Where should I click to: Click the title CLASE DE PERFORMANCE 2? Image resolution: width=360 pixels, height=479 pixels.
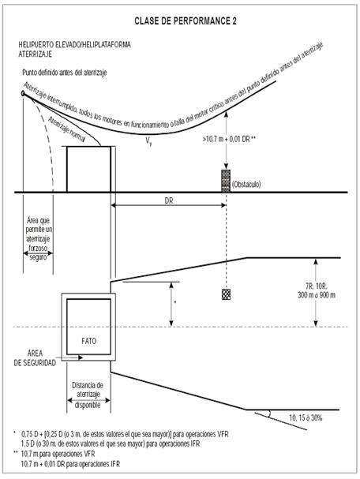186,21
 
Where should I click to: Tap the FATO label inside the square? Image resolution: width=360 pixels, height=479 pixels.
89,341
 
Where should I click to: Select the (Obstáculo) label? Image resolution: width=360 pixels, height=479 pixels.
246,185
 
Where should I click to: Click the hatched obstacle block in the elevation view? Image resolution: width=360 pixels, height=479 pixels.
226,181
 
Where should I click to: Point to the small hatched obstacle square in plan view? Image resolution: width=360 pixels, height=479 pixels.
226,294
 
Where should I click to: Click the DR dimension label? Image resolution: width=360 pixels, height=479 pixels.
169,200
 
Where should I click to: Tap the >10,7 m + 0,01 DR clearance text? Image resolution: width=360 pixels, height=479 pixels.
229,140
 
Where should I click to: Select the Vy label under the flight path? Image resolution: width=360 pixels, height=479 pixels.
148,141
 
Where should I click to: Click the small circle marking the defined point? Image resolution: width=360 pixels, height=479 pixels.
23,93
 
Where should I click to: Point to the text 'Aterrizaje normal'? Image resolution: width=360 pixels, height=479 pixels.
66,129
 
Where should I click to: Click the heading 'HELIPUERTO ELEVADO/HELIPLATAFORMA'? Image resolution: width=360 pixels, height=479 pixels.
74,45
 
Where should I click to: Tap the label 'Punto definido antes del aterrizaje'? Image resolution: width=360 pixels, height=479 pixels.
65,73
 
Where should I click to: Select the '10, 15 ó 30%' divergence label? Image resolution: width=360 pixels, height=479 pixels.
306,417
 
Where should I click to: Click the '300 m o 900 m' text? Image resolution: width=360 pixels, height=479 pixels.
317,295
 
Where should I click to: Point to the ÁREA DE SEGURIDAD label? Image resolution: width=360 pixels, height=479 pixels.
35,358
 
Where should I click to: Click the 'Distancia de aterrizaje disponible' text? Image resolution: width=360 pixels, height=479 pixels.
88,395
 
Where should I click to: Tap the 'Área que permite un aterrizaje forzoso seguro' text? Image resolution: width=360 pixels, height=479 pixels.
39,238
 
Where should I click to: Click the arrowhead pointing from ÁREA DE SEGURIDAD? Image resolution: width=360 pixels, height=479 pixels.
81,357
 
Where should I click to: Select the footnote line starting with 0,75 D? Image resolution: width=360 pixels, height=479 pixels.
125,434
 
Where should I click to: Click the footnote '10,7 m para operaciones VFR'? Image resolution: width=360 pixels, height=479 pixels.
58,454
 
